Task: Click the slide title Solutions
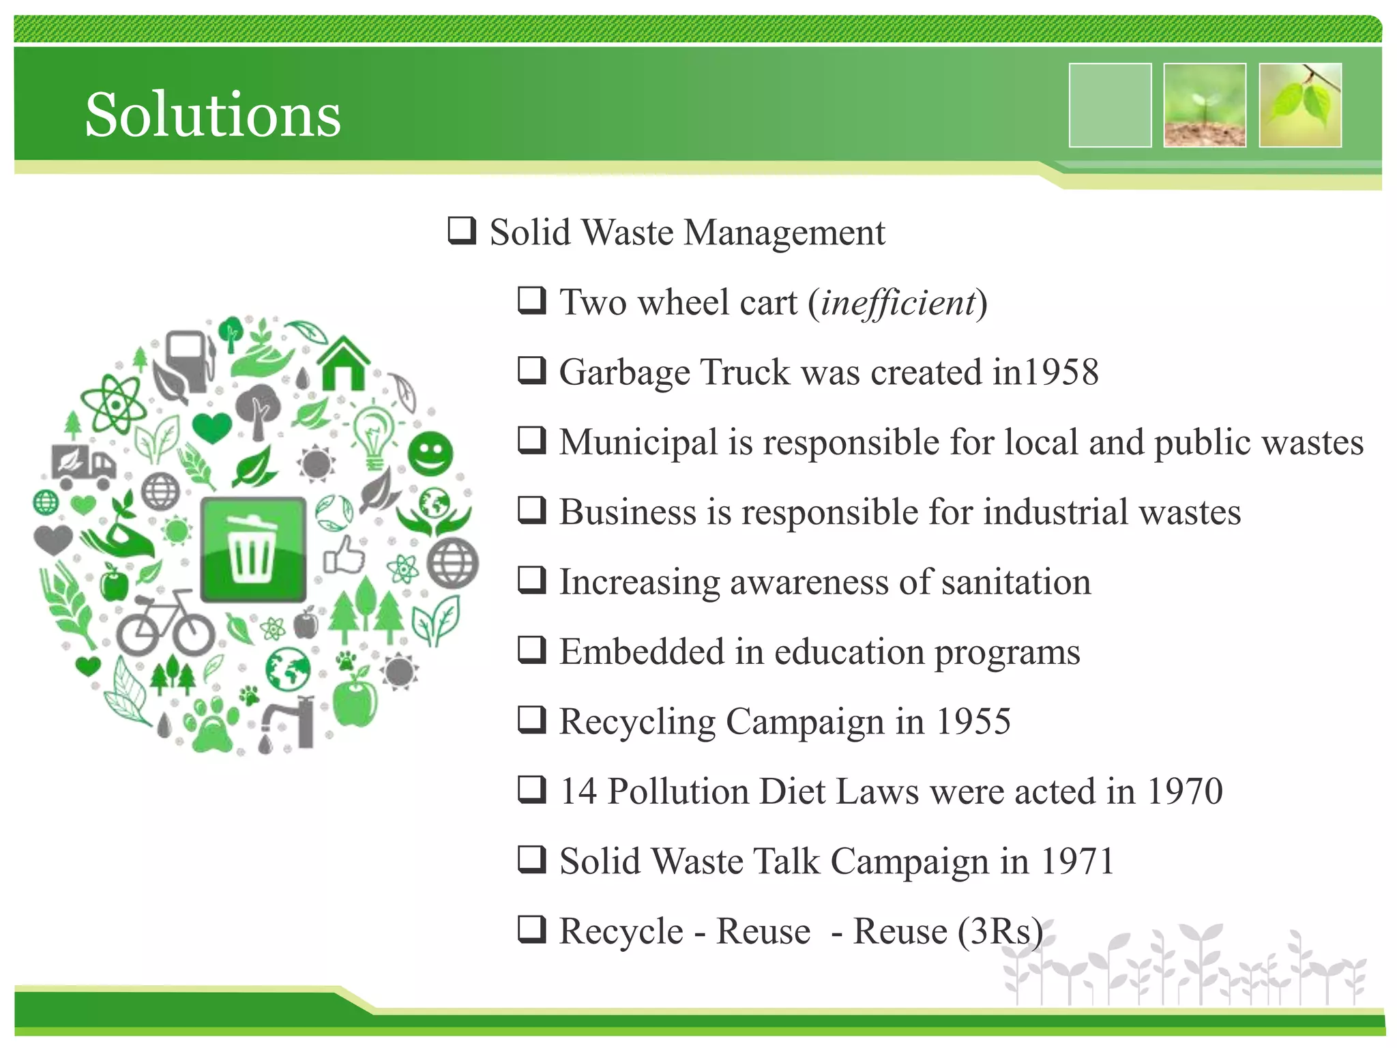click(x=213, y=115)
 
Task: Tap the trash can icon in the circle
click(x=253, y=549)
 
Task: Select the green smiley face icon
click(x=430, y=454)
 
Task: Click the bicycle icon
click(x=166, y=622)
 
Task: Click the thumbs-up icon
click(x=344, y=554)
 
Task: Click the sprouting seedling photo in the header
click(x=1205, y=105)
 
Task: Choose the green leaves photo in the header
click(x=1300, y=105)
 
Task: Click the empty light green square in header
click(x=1110, y=105)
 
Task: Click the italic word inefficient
click(x=898, y=302)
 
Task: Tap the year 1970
click(x=1185, y=791)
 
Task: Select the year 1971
click(x=1078, y=861)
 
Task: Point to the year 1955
click(x=973, y=721)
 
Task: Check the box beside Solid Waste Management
click(x=462, y=231)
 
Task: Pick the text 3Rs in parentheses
click(x=1000, y=931)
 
